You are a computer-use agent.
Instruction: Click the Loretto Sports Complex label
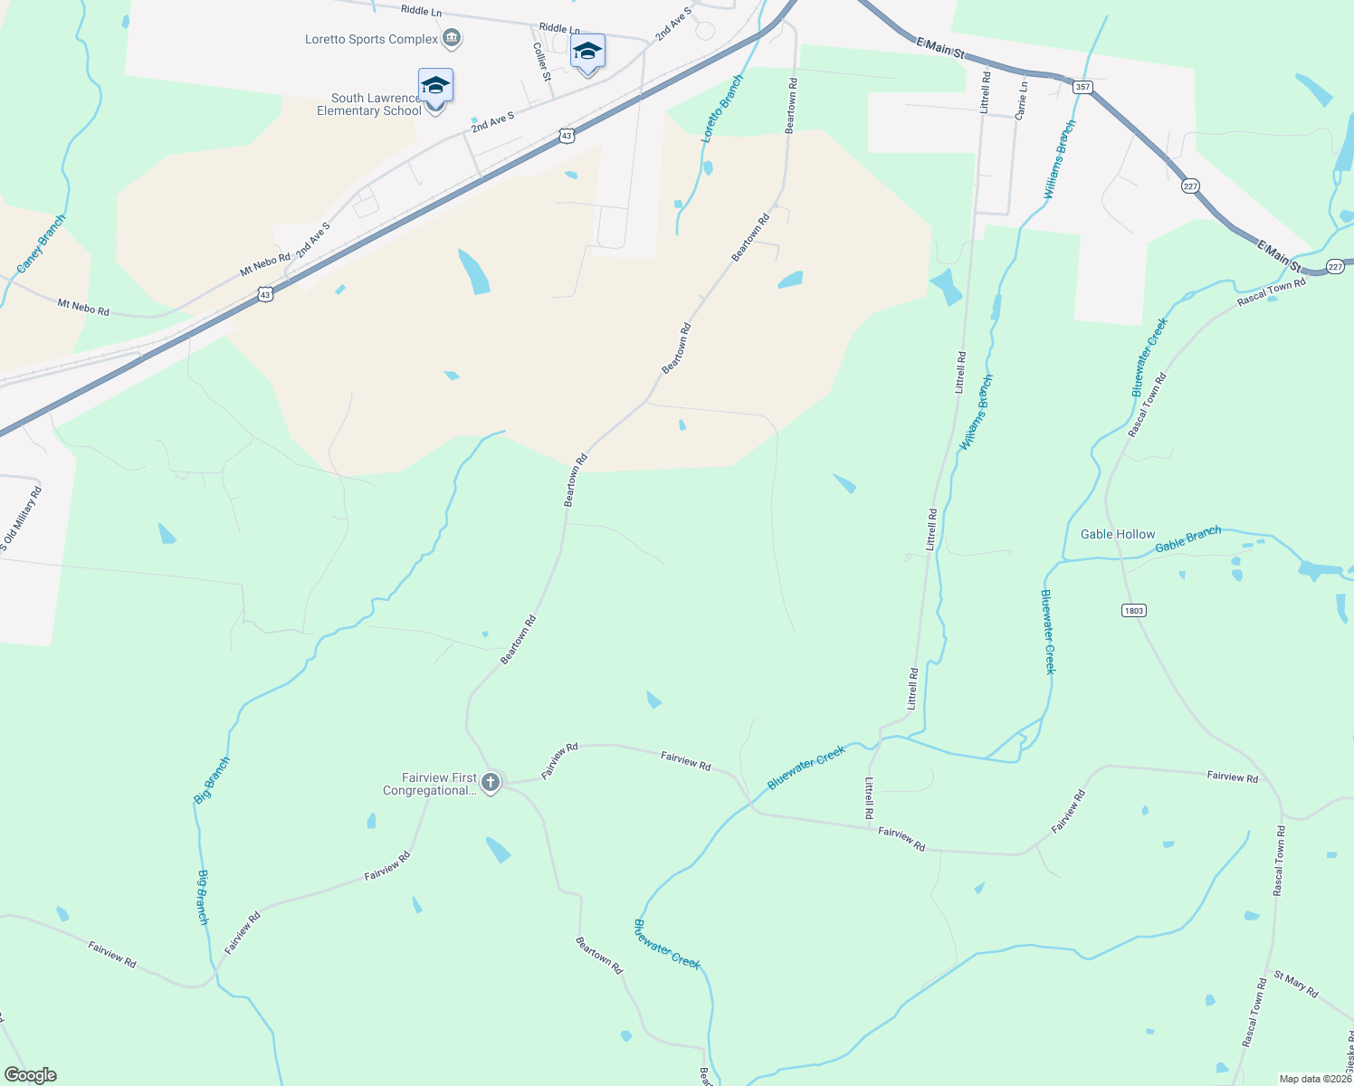371,39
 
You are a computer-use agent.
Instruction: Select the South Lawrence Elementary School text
369,104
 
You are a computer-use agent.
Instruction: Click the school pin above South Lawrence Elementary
435,87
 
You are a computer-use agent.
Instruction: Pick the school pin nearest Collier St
587,52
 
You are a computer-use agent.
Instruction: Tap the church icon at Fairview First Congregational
491,782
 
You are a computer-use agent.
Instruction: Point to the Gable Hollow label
1118,534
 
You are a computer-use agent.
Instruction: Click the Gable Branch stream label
1188,539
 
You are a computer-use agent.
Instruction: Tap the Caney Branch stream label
42,244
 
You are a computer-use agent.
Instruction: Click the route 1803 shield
1134,610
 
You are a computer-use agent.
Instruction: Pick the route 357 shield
1082,88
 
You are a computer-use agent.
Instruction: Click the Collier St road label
541,62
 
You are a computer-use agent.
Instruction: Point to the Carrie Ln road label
1022,100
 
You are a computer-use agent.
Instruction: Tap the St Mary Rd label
1296,984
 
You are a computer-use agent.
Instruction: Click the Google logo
30,1075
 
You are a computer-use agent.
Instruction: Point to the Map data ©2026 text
1314,1079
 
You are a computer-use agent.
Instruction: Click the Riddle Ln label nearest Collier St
558,29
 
